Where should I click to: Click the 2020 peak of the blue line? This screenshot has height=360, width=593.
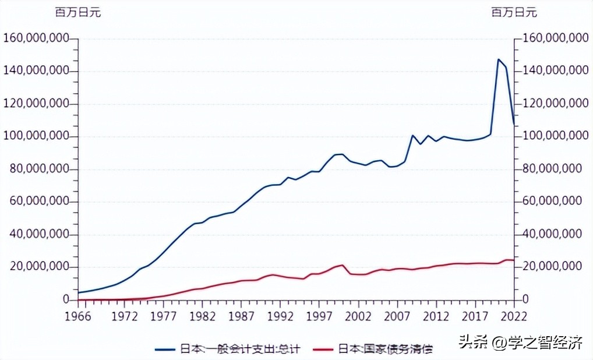pos(499,59)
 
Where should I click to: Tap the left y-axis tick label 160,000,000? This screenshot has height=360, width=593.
pos(36,38)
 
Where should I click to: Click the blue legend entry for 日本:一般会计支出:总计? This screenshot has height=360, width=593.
pos(228,349)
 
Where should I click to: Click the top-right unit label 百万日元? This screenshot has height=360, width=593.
pos(514,13)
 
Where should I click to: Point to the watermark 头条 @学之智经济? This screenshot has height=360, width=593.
pos(520,342)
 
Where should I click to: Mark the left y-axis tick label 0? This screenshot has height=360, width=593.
pos(66,300)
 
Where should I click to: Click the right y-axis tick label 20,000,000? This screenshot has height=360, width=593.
pos(553,266)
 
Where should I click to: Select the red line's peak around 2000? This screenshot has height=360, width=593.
pos(343,265)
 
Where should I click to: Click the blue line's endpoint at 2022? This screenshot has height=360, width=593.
pos(514,123)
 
